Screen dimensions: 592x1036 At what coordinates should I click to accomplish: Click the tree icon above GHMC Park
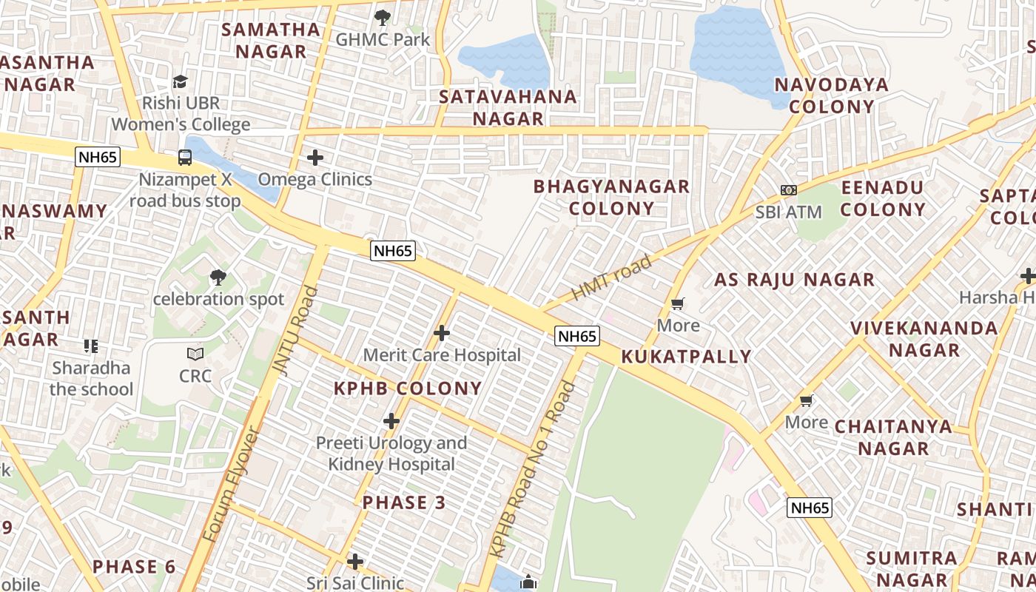click(382, 16)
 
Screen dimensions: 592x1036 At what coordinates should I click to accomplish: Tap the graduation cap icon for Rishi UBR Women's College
click(180, 81)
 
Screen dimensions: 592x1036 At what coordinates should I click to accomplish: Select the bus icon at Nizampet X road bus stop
click(185, 157)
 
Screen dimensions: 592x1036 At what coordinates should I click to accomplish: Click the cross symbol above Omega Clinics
click(315, 157)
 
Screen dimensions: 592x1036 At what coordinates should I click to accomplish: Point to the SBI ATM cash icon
click(789, 190)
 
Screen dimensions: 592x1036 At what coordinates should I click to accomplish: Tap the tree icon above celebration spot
click(218, 277)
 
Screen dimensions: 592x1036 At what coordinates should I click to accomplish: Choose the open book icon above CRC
click(195, 354)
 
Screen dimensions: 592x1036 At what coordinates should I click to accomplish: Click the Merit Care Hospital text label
click(442, 355)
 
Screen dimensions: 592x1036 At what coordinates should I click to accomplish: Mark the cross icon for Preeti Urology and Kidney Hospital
click(391, 421)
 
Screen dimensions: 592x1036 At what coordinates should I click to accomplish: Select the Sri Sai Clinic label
click(355, 583)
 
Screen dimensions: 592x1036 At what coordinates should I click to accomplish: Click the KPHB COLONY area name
click(408, 388)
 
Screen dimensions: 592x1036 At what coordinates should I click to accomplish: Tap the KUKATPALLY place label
click(686, 357)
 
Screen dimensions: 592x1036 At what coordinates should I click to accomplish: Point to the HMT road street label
click(611, 277)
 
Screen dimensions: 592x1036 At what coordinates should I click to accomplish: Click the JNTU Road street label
click(295, 329)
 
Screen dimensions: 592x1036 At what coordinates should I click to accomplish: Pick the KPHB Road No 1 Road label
click(533, 469)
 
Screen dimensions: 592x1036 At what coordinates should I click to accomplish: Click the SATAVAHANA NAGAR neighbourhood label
click(508, 107)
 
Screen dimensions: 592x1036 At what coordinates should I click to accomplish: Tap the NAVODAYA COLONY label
click(831, 95)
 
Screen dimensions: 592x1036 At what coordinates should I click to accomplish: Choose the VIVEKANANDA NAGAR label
click(924, 339)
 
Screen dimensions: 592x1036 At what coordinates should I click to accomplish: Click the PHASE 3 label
click(404, 502)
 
